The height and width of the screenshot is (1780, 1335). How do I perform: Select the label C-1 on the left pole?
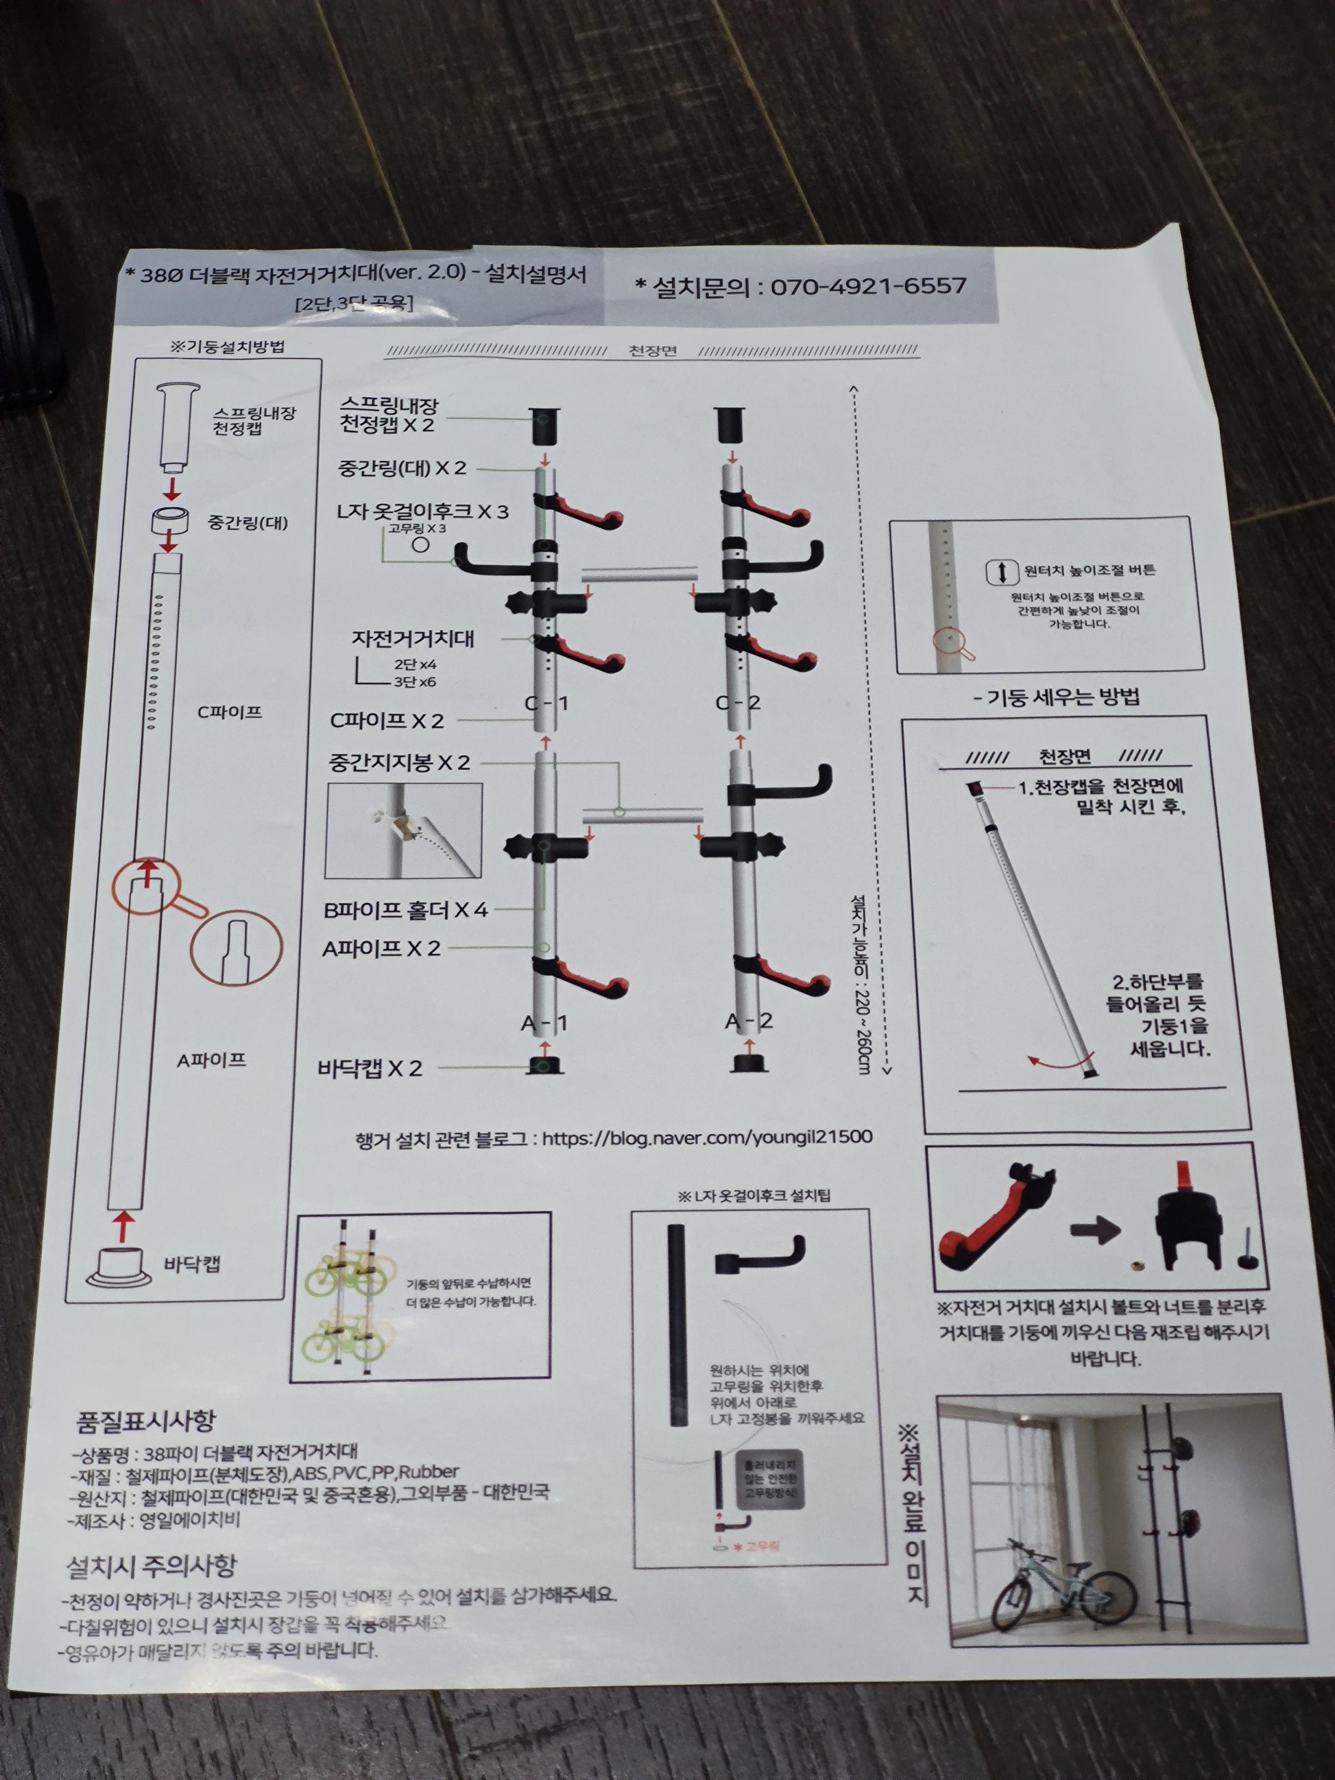click(x=546, y=703)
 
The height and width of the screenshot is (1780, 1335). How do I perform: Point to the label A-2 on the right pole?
click(x=748, y=1021)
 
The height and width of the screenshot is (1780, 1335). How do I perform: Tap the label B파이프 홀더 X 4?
click(x=406, y=910)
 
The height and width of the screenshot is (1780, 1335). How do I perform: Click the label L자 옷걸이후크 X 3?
click(x=423, y=512)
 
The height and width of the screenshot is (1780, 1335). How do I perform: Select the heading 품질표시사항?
click(x=146, y=1421)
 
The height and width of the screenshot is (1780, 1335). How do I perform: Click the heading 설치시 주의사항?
click(x=151, y=1565)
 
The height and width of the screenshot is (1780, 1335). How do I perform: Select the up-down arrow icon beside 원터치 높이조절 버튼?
click(x=1002, y=572)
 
